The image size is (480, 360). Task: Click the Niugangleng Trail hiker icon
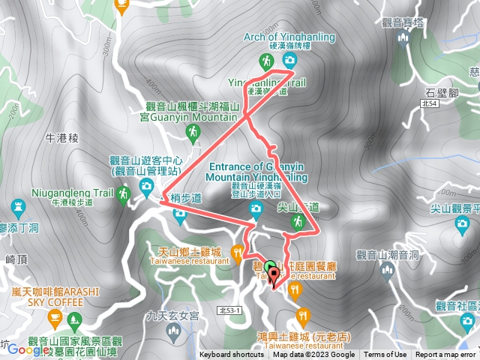[124, 193]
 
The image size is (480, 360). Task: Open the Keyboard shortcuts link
[232, 355]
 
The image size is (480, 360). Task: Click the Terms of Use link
[385, 355]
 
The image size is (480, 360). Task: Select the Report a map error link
[445, 355]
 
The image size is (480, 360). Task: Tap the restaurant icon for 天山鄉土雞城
[238, 251]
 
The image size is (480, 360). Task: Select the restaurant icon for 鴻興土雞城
[302, 314]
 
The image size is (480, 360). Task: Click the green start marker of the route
[270, 265]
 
